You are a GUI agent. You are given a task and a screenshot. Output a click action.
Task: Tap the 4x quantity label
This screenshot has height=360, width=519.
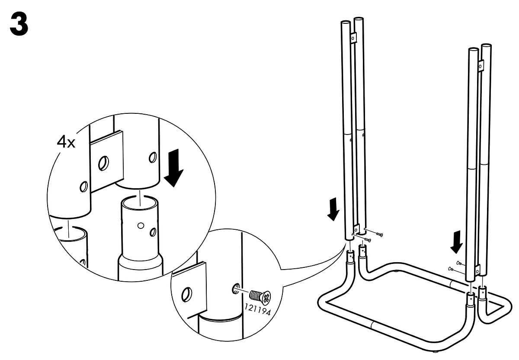66,142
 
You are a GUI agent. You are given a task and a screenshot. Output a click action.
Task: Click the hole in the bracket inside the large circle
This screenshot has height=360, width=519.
104,164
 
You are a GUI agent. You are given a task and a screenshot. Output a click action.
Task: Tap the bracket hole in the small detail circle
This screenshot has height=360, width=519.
187,294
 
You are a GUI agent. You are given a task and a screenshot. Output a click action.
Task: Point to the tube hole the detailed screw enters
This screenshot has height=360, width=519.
235,289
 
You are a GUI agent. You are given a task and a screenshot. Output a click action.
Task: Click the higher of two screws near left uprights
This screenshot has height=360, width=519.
378,235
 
